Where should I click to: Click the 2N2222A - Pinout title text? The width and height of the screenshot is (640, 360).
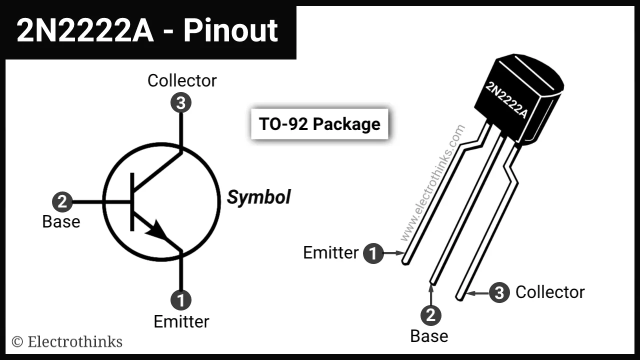pyautogui.click(x=147, y=31)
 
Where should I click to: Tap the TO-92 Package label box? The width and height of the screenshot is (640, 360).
pyautogui.click(x=319, y=123)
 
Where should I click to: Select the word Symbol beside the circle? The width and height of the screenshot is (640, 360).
pyautogui.click(x=258, y=197)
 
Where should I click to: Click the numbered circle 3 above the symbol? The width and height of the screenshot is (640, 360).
pyautogui.click(x=181, y=103)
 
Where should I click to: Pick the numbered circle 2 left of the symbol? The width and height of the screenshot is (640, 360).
pyautogui.click(x=62, y=202)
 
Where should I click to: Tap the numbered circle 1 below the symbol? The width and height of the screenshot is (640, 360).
pyautogui.click(x=181, y=300)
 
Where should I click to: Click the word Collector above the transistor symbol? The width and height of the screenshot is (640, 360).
pyautogui.click(x=182, y=80)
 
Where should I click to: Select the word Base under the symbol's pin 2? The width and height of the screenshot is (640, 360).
pyautogui.click(x=61, y=221)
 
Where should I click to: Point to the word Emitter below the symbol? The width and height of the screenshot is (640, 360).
pyautogui.click(x=181, y=321)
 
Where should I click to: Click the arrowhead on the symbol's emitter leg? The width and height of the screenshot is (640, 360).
pyautogui.click(x=157, y=230)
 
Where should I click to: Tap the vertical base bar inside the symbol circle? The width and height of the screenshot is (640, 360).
pyautogui.click(x=132, y=202)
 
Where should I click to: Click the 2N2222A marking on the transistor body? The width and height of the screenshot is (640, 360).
pyautogui.click(x=506, y=99)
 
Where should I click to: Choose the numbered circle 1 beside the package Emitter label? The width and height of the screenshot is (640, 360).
pyautogui.click(x=373, y=253)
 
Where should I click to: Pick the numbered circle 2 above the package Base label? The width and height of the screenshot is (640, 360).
pyautogui.click(x=430, y=315)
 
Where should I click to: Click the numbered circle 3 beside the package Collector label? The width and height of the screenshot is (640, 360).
pyautogui.click(x=499, y=292)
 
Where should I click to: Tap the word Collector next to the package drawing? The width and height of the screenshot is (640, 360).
pyautogui.click(x=550, y=292)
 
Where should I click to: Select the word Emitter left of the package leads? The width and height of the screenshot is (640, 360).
pyautogui.click(x=330, y=253)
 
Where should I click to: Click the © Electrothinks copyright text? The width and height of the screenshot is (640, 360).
pyautogui.click(x=67, y=341)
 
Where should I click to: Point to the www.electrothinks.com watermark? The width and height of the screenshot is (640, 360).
pyautogui.click(x=433, y=182)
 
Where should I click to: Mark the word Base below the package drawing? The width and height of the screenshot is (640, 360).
pyautogui.click(x=429, y=336)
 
